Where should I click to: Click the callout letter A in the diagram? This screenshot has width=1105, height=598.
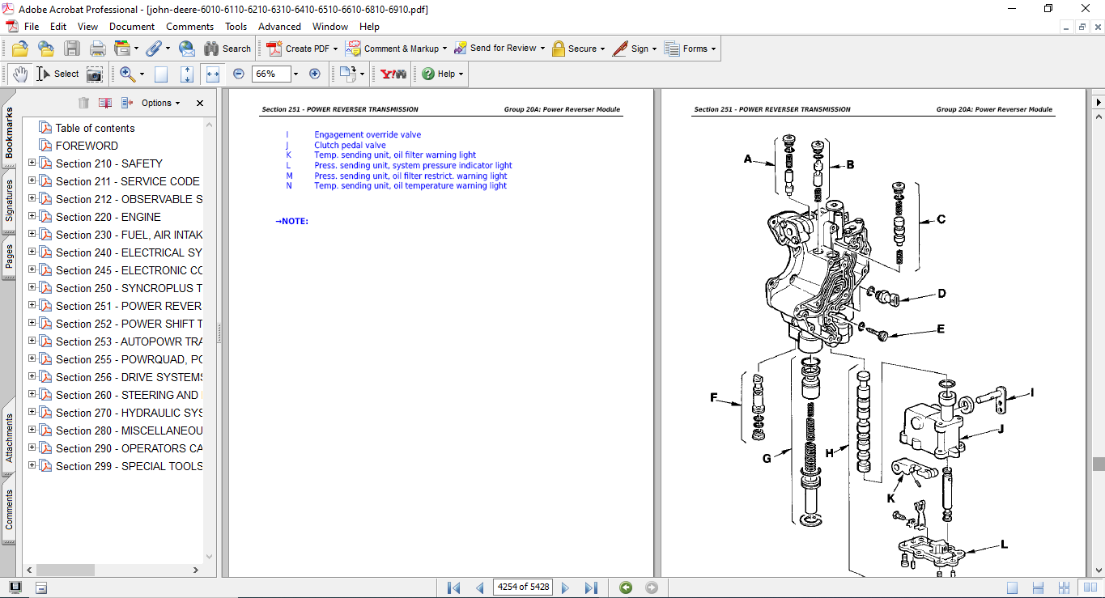[748, 159]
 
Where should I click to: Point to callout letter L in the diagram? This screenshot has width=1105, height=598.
[1004, 545]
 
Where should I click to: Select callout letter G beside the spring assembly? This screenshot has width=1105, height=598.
[767, 458]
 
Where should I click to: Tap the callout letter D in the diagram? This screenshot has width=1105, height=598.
[941, 294]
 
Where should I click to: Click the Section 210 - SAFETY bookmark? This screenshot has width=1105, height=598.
[108, 163]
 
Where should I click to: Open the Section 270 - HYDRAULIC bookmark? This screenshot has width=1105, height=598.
[129, 413]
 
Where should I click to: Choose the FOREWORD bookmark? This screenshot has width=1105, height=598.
[87, 146]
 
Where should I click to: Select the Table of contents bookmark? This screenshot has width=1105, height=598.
[95, 128]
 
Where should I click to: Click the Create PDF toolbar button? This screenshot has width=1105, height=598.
[302, 49]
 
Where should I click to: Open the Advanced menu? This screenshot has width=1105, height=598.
[279, 27]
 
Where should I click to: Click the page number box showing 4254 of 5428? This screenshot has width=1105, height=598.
[523, 587]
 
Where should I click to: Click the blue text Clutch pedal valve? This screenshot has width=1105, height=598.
[350, 146]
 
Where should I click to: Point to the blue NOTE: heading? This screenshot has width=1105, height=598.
[292, 222]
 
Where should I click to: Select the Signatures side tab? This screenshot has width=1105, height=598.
[9, 201]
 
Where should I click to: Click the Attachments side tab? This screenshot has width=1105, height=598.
[9, 439]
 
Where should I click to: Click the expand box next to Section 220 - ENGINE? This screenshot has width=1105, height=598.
[32, 217]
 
